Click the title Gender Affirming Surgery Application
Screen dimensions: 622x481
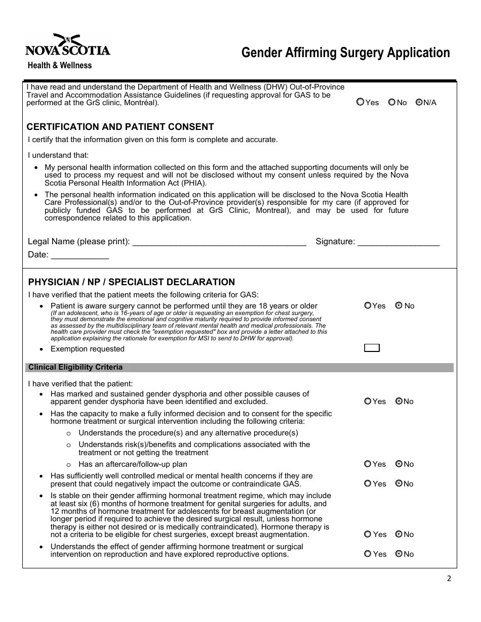(345, 53)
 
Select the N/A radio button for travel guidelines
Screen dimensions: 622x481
(419, 102)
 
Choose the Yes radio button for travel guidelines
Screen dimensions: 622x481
(360, 102)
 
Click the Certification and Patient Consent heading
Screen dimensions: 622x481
(120, 127)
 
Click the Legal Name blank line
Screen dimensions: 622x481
(219, 242)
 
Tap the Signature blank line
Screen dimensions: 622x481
(398, 242)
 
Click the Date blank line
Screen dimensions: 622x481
(80, 255)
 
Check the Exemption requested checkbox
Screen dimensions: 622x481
(372, 348)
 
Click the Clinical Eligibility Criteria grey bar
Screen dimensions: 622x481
(238, 368)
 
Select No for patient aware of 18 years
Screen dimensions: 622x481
(399, 306)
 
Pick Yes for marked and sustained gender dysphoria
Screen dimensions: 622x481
(368, 402)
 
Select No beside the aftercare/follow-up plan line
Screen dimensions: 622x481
(399, 464)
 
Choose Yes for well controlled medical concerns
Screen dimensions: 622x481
(368, 484)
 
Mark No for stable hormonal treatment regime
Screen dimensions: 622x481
(399, 535)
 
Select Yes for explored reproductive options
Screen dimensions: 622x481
(368, 554)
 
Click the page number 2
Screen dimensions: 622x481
(449, 579)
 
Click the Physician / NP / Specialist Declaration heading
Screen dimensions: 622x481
(132, 282)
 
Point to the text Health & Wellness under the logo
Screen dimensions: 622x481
(60, 65)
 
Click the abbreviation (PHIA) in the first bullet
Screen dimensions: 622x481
(190, 183)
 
